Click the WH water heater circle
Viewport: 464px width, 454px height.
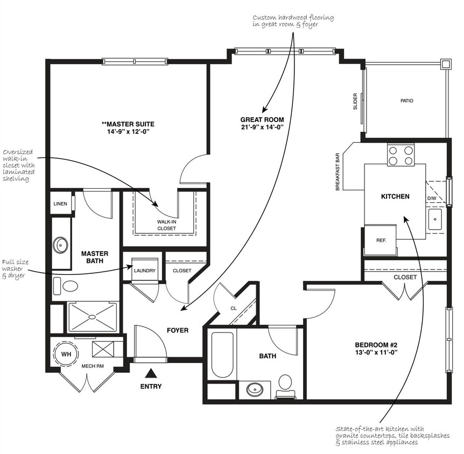pos(66,354)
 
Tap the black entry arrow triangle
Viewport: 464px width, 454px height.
pos(151,373)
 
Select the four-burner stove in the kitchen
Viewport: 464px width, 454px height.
pos(400,155)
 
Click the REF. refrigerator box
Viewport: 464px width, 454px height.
pos(381,239)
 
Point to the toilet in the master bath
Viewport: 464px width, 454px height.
pos(66,286)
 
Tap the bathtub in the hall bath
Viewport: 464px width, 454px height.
pos(222,354)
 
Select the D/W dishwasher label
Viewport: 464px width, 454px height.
pos(432,198)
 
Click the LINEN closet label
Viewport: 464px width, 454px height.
pos(60,204)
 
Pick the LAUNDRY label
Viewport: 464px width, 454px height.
pos(145,271)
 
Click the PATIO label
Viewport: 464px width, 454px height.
pos(407,101)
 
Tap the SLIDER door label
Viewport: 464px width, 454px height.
pos(355,102)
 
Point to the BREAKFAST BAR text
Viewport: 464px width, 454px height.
pos(338,172)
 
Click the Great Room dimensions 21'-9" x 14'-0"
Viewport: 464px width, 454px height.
pos(262,127)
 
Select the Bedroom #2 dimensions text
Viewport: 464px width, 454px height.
pos(376,352)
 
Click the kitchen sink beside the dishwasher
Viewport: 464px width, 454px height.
pos(435,219)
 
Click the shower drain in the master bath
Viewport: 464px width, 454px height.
pos(92,317)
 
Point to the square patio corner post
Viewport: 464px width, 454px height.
pos(446,64)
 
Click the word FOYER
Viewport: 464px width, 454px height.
pos(178,330)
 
